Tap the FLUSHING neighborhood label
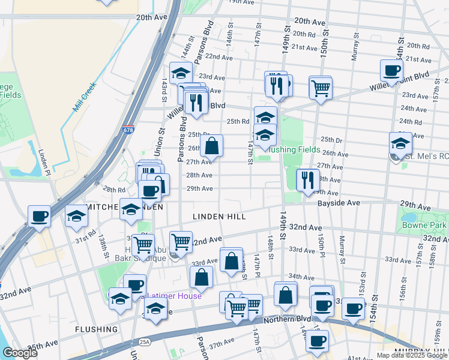point(96,329)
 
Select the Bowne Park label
point(429,226)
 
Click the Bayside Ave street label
point(339,203)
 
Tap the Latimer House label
point(172,296)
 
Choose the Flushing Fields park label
point(294,149)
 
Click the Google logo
point(20,353)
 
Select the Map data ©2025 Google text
point(412,355)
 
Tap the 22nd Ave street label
point(218,57)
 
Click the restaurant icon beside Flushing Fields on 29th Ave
point(308,180)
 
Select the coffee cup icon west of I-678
point(40,217)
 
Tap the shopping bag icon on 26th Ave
point(211,146)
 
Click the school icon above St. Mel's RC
point(400,143)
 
